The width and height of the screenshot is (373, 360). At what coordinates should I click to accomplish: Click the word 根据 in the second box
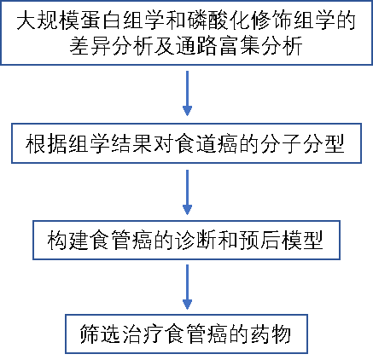click(x=46, y=143)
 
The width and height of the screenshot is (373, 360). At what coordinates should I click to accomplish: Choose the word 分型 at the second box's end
click(x=323, y=143)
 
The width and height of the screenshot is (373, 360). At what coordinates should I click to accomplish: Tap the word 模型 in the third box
click(x=302, y=240)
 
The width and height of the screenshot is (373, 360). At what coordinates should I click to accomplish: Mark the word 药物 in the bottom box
click(x=271, y=334)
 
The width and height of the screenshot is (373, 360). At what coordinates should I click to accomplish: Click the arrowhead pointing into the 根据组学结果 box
click(x=187, y=111)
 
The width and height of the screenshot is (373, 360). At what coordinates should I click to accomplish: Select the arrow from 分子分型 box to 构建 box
click(x=187, y=193)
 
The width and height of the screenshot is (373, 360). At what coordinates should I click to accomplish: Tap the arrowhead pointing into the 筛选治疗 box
click(x=187, y=305)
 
